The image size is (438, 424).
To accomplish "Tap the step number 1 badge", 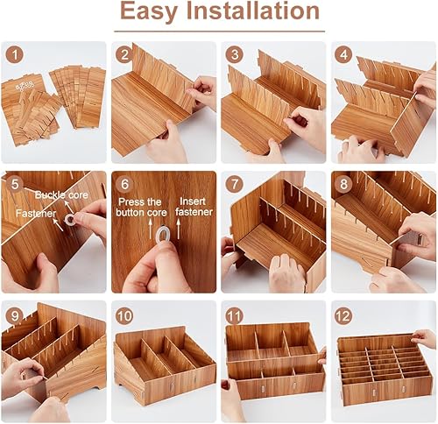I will [13, 53].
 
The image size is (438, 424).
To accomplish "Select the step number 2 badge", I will [124, 53].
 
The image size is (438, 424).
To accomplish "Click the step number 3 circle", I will [233, 53].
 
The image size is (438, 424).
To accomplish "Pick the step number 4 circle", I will [343, 53].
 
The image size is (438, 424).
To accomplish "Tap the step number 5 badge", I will [13, 184].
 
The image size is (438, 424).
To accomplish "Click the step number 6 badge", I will [124, 184].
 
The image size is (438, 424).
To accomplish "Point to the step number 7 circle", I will [233, 184].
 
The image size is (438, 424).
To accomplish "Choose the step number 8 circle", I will [343, 184].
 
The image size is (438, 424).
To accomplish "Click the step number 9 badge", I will [13, 313].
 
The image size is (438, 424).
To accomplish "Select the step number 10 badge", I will [124, 313].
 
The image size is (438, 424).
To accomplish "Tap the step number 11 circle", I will [233, 313].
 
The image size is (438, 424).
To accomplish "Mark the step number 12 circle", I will [343, 313].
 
